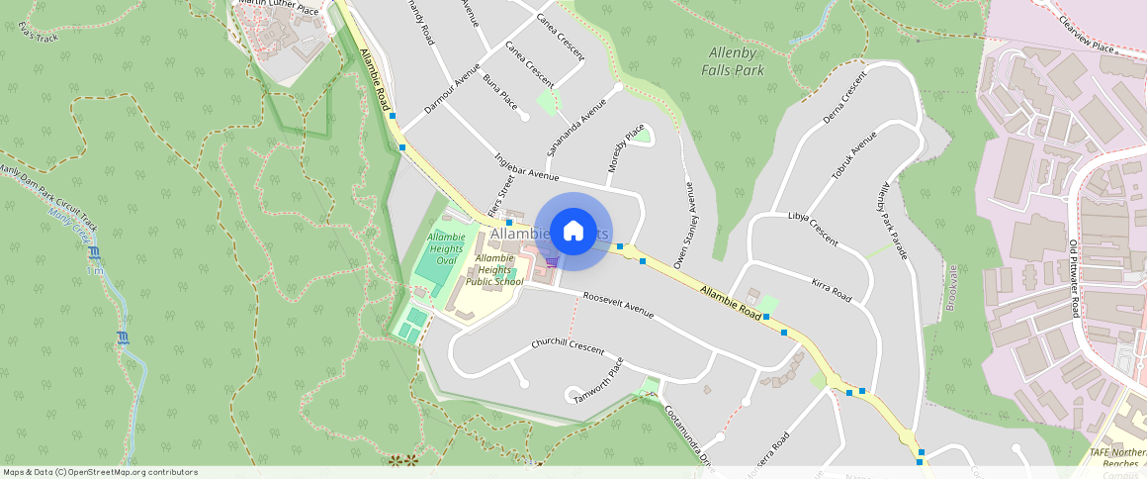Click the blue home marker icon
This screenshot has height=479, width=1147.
coord(573,232)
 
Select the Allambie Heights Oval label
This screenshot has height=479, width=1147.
coord(446,248)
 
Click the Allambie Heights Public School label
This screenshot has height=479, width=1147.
coord(494,269)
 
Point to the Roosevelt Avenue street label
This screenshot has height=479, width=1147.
coord(618,305)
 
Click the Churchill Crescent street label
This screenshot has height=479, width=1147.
coord(567,345)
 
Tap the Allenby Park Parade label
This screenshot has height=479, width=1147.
coord(891,223)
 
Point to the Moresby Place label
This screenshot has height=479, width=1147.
coord(627,148)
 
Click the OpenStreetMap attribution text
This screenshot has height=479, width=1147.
coord(100,472)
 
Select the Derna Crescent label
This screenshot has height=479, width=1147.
coord(838,97)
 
